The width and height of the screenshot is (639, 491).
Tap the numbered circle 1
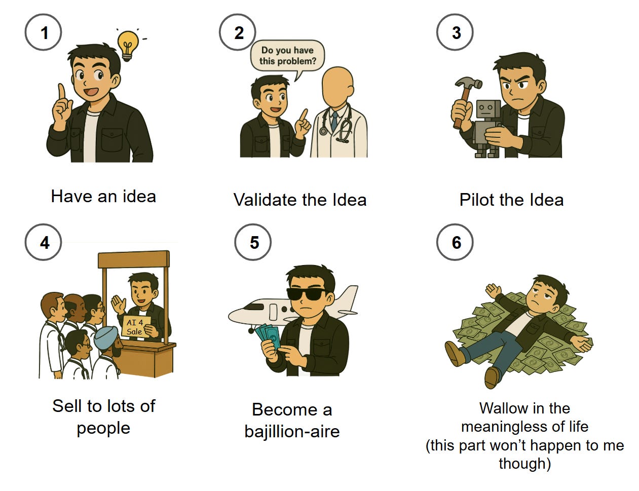(x=43, y=32)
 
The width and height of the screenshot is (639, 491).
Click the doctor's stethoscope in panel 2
(x=338, y=124)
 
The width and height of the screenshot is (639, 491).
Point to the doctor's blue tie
(x=334, y=121)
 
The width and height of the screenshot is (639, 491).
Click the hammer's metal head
(x=468, y=83)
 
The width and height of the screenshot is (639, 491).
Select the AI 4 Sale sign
(x=136, y=327)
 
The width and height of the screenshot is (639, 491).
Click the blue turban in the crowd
(x=105, y=336)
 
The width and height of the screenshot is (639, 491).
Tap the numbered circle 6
(x=455, y=242)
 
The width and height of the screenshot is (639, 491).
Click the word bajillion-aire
(x=292, y=431)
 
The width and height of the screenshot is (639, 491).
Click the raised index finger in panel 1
(x=62, y=92)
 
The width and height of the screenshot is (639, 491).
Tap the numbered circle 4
(x=43, y=242)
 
